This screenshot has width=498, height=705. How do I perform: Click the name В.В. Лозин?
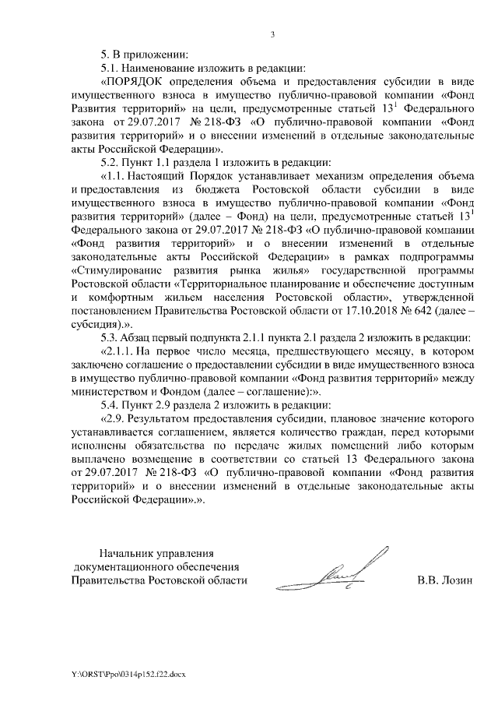[444, 580]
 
